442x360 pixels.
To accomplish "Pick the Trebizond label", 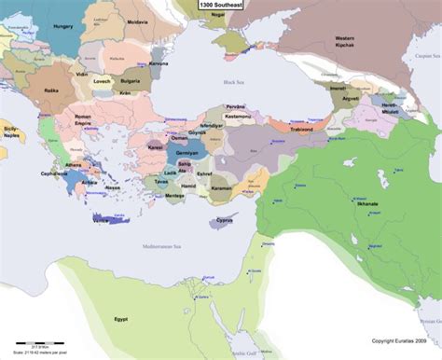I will (x=297, y=129).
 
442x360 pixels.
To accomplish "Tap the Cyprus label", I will (x=225, y=221).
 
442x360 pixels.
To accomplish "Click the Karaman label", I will (x=220, y=187).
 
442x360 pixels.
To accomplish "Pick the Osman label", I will (x=181, y=138).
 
